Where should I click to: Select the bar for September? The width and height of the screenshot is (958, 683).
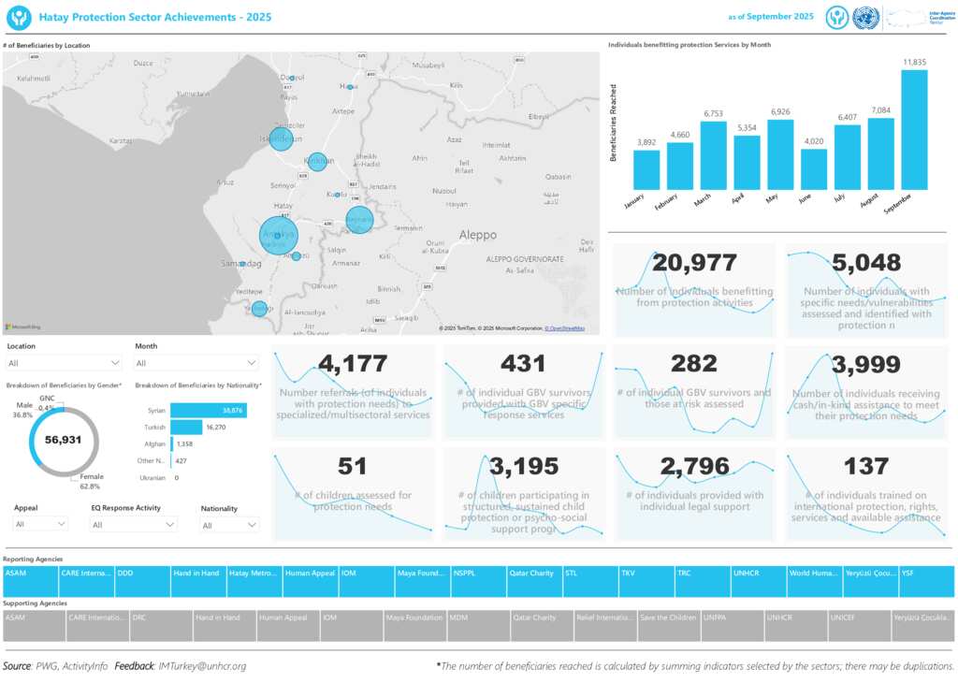pos(914,130)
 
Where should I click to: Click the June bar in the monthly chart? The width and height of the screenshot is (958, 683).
pos(814,169)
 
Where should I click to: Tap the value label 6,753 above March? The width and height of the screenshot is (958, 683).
pos(714,114)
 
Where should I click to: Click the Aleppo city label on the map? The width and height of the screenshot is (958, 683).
pos(477,235)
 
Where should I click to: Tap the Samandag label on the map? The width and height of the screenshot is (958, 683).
pos(241,265)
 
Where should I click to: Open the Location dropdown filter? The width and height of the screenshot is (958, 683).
pos(64,363)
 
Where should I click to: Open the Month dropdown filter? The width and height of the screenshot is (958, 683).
pos(196,363)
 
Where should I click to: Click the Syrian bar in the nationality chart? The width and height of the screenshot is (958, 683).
pos(209,411)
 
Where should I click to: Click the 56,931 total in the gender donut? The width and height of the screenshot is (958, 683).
pos(64,440)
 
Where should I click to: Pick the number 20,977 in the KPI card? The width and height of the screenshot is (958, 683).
pos(694,264)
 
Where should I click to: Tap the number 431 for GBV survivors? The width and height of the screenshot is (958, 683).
pos(523,364)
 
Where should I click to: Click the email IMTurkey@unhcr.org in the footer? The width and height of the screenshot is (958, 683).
pos(202,666)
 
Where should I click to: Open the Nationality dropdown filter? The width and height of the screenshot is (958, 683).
pos(229,525)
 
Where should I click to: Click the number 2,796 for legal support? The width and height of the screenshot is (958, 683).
pos(694,466)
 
